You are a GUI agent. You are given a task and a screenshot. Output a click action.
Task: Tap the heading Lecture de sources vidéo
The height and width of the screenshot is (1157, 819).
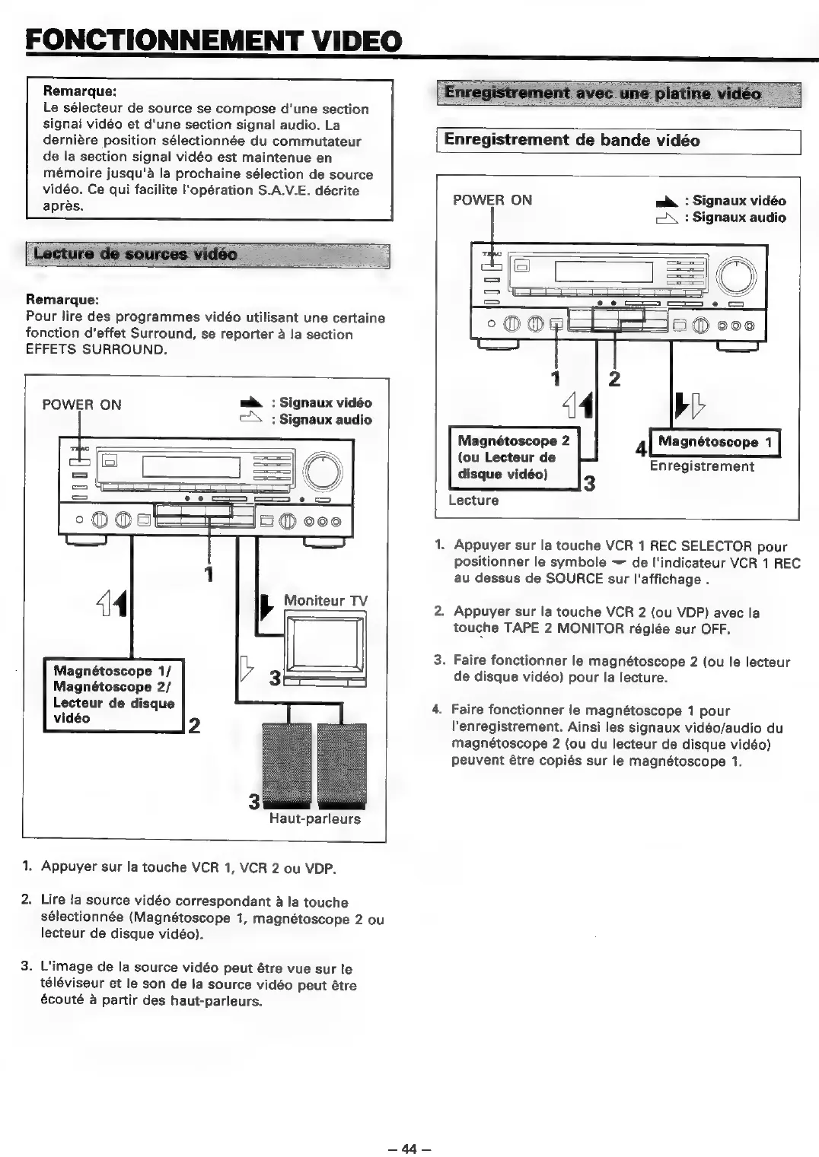coord(136,254)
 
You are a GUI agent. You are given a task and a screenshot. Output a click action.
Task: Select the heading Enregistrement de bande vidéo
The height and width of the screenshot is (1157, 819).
coord(572,141)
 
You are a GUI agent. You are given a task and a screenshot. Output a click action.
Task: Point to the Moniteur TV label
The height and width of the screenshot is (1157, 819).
coord(325,600)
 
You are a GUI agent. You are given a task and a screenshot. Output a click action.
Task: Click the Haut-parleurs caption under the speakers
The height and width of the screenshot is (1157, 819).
coord(314,819)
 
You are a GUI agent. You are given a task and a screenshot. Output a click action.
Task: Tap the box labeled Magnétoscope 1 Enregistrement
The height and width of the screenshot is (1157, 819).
coord(715,442)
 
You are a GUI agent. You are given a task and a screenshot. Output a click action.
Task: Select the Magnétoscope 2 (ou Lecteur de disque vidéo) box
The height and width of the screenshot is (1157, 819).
coord(514,457)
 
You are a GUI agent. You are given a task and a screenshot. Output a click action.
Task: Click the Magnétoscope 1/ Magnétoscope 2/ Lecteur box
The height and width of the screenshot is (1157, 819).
coord(113,695)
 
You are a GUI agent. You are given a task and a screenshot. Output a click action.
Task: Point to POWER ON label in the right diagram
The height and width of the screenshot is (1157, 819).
coord(492,200)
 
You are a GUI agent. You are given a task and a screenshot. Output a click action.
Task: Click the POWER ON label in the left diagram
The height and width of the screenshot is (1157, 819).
coord(81,405)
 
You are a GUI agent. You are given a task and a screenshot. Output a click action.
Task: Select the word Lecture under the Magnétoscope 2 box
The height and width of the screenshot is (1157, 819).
coord(473,501)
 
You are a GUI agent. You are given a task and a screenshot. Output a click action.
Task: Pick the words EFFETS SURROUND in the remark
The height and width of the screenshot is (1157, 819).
coord(96,350)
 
